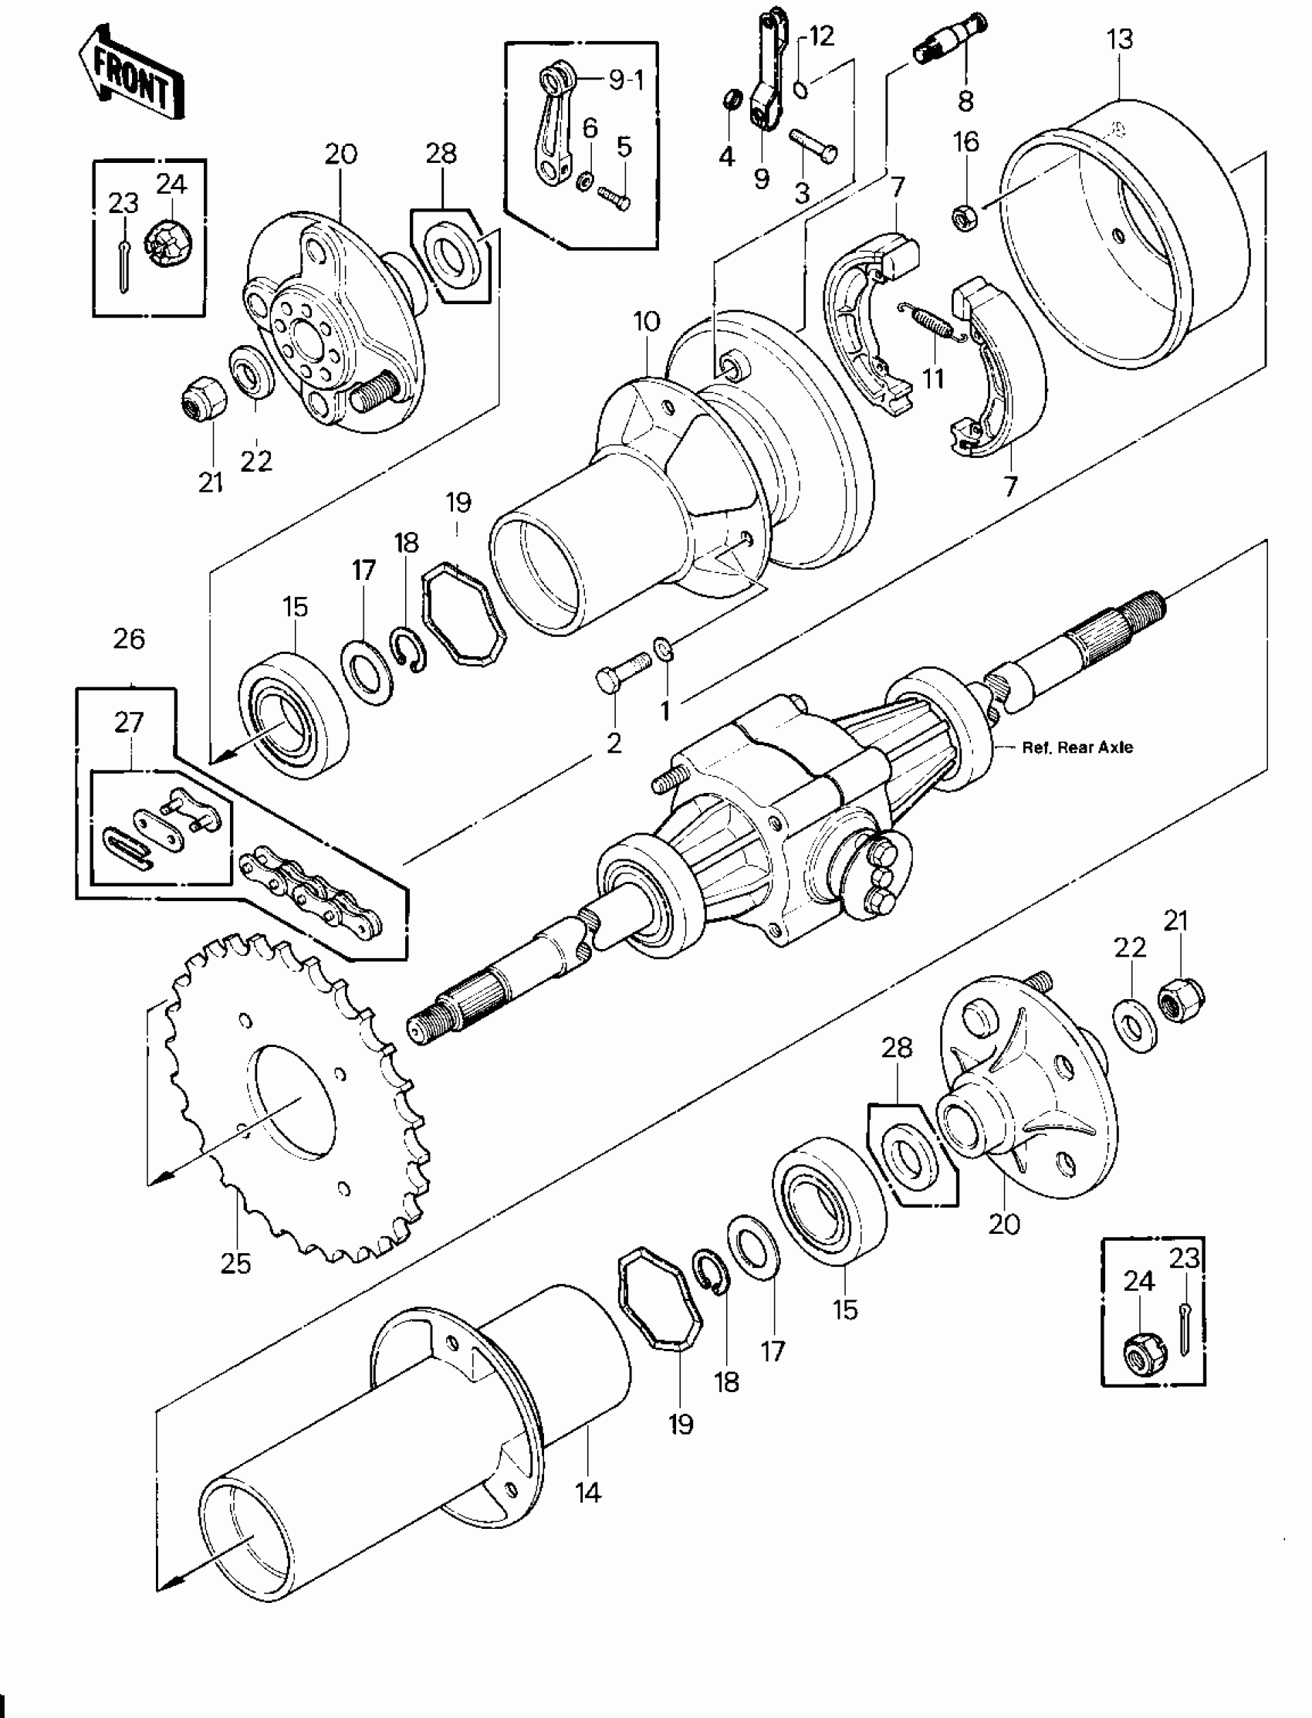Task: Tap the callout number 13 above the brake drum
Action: click(x=1120, y=39)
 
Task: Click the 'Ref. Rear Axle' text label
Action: click(x=1077, y=747)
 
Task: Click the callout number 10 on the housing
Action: click(x=647, y=321)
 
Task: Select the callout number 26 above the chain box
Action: click(x=129, y=639)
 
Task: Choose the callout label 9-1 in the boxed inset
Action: click(x=627, y=80)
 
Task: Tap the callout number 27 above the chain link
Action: click(x=129, y=722)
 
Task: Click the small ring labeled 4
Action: click(x=731, y=100)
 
